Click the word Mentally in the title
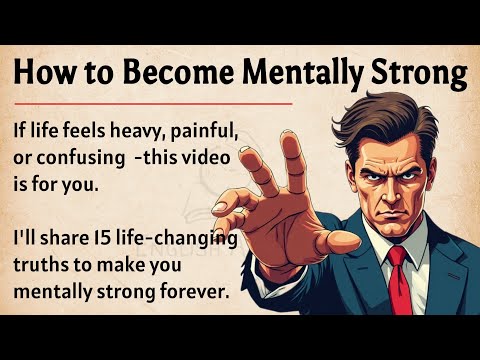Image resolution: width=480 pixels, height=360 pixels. pyautogui.click(x=319, y=72)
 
